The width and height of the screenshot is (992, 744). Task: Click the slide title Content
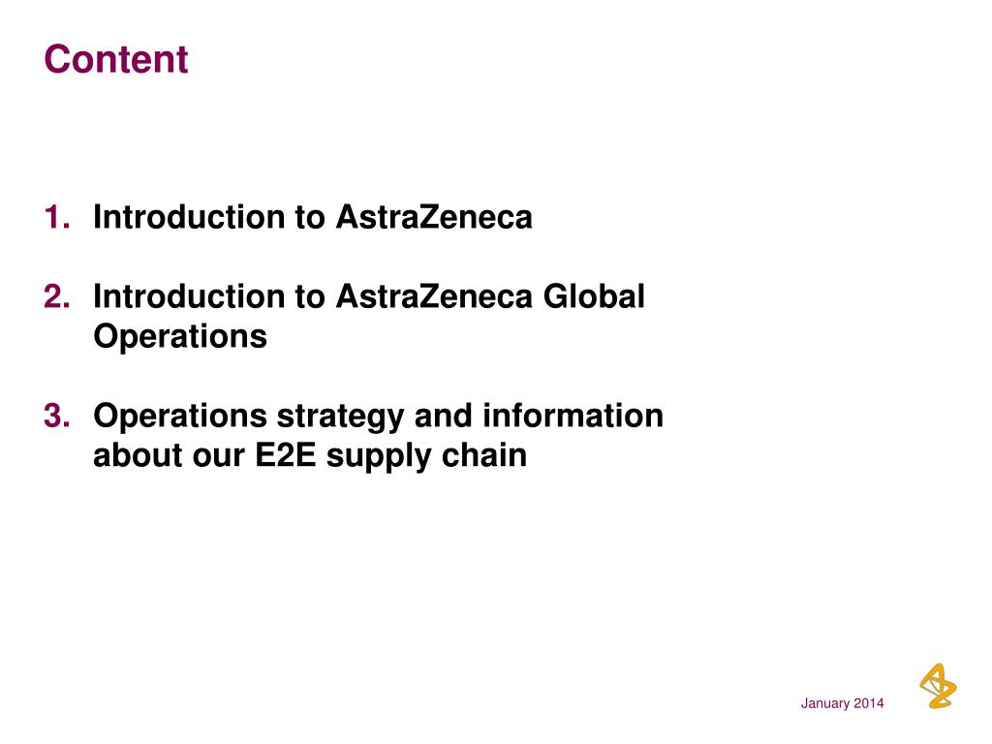115,60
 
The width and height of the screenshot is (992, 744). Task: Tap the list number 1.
56,218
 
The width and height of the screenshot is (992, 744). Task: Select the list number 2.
56,296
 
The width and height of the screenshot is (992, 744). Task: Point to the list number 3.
56,416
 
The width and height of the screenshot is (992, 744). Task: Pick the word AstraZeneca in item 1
434,218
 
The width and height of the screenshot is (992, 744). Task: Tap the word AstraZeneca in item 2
434,296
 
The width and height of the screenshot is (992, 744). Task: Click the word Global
593,296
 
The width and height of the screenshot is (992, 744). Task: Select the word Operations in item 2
179,338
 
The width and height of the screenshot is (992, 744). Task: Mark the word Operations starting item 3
179,417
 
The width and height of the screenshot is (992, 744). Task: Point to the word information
573,416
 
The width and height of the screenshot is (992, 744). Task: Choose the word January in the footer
824,703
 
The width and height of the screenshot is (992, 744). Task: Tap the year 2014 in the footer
869,703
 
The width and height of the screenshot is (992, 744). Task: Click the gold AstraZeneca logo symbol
937,685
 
